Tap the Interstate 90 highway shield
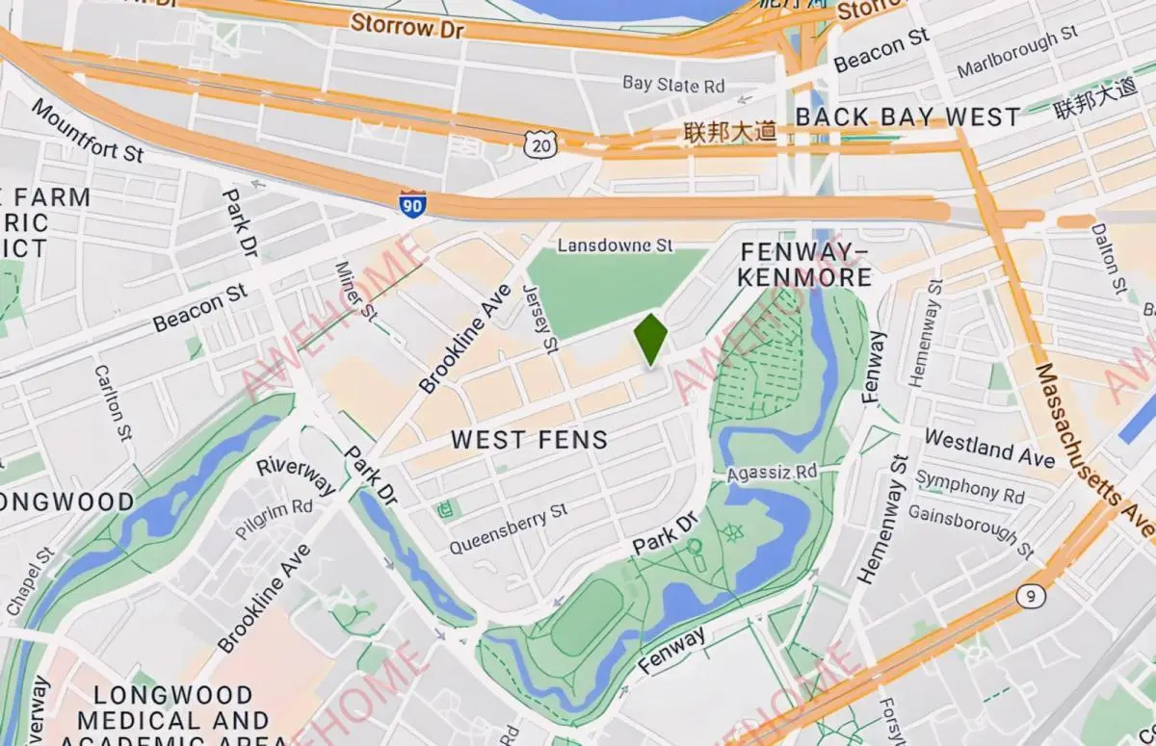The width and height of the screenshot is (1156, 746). pos(412,204)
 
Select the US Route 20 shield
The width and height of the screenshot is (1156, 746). pos(540,144)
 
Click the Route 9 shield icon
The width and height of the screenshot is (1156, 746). pos(1030,597)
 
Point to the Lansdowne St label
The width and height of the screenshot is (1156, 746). pos(616,245)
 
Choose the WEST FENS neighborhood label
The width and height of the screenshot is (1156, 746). pos(530,440)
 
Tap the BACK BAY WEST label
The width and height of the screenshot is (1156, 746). pos(907,117)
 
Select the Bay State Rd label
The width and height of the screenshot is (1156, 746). pos(673,85)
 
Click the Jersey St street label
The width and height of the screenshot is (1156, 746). pos(540,317)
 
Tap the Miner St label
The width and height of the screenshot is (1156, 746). pos(354,289)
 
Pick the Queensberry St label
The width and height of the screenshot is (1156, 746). pos(508,530)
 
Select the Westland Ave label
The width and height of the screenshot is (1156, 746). pos(989,448)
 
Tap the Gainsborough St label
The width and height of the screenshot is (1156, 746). pos(970,528)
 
